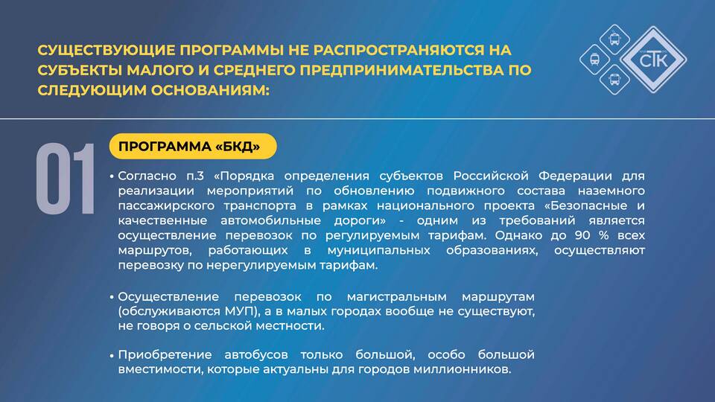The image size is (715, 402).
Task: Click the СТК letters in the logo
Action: pyautogui.click(x=654, y=60)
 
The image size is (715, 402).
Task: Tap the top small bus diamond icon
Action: pyautogui.click(x=614, y=39)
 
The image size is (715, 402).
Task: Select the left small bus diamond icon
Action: pyautogui.click(x=594, y=60)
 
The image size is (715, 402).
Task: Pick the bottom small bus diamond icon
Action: pyautogui.click(x=614, y=80)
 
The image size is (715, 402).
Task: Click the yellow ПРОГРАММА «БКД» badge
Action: pyautogui.click(x=193, y=147)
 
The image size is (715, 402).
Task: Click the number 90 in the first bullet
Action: pyautogui.click(x=582, y=236)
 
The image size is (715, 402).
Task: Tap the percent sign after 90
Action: pyautogui.click(x=604, y=236)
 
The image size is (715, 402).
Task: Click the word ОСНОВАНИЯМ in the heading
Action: pyautogui.click(x=210, y=90)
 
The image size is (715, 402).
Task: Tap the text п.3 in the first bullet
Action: pyautogui.click(x=195, y=176)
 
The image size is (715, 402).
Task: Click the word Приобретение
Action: pyautogui.click(x=165, y=354)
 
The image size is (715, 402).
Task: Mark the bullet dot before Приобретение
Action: pyautogui.click(x=112, y=355)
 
